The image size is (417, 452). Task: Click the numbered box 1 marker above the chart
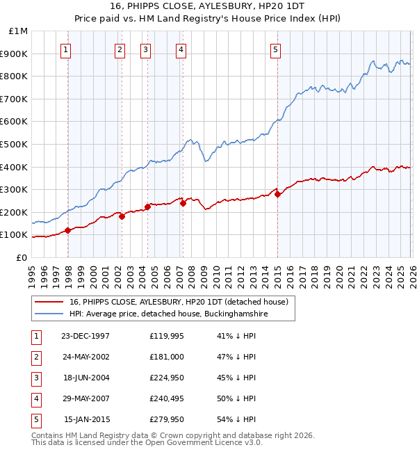pyautogui.click(x=65, y=49)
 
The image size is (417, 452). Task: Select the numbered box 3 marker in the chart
pyautogui.click(x=145, y=49)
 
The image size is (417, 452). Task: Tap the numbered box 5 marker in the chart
pyautogui.click(x=276, y=49)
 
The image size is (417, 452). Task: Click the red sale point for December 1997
pyautogui.click(x=68, y=230)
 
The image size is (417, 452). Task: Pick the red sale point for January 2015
pyautogui.click(x=277, y=194)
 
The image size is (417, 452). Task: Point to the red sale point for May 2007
pyautogui.click(x=183, y=203)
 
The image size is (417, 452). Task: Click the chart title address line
pyautogui.click(x=208, y=6)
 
